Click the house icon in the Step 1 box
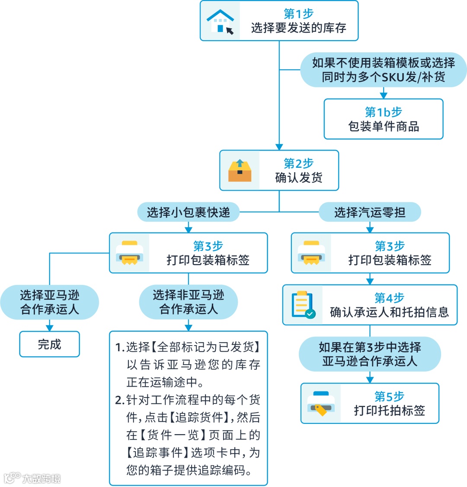coord(220,21)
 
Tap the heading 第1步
coord(298,14)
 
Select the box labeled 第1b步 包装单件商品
coord(384,119)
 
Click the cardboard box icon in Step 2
coord(240,170)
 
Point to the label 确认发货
coord(298,177)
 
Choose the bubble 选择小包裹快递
coord(188,212)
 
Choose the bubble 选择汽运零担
coord(370,212)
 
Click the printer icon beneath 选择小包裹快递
coord(129,253)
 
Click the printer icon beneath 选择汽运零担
coord(311,253)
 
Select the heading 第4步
coord(389,298)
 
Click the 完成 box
coord(49,344)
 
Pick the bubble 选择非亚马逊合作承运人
coord(188,302)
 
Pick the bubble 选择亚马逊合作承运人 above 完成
coord(49,302)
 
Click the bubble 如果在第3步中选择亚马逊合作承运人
coord(370,354)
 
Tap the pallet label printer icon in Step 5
coord(321,404)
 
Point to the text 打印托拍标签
coord(389,410)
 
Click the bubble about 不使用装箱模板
coord(384,70)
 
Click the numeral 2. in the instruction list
coord(120,400)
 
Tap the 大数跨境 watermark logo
coord(32,478)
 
